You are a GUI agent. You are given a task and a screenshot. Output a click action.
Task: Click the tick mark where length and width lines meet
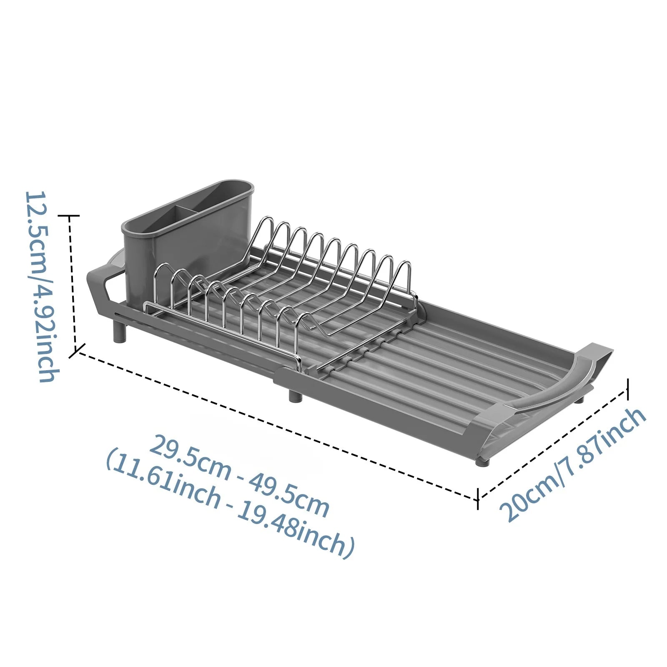pos(478,498)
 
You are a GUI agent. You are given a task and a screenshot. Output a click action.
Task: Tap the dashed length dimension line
pos(275,425)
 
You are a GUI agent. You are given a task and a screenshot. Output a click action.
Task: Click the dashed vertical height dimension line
pos(72,283)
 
